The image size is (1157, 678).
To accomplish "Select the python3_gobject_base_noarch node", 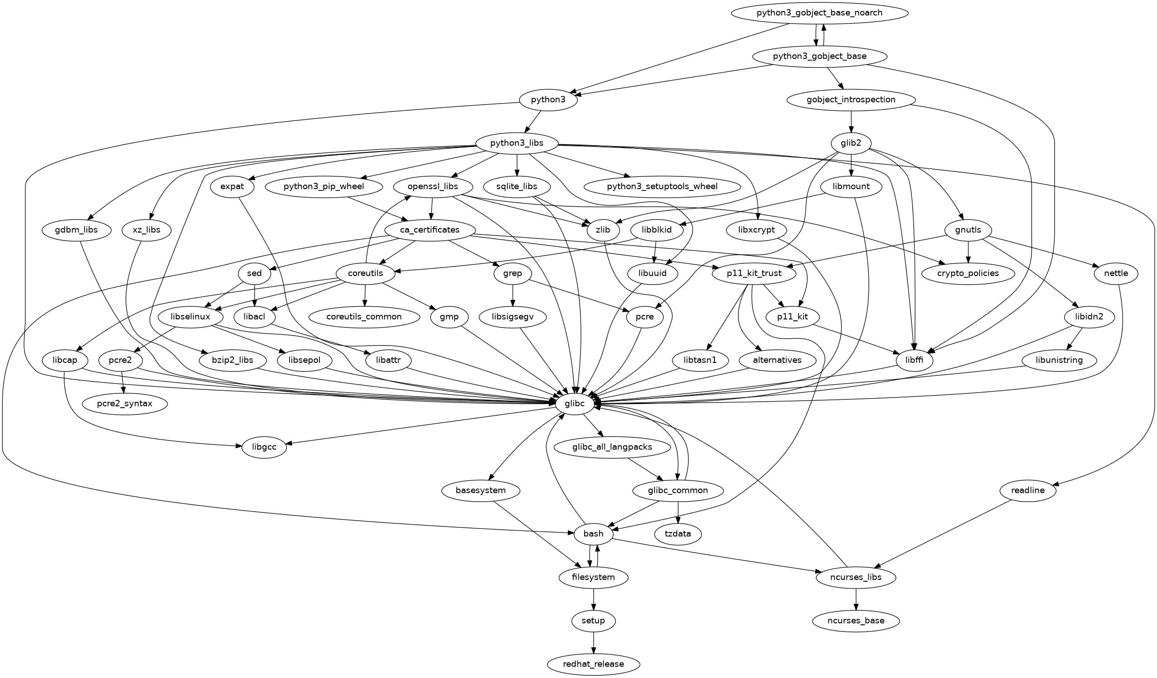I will (x=819, y=13).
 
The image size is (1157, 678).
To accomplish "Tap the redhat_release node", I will (x=593, y=664).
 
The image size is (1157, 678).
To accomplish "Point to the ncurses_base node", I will (x=855, y=621).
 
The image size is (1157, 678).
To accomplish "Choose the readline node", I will (x=1028, y=490).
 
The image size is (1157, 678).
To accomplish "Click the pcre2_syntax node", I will (x=124, y=404).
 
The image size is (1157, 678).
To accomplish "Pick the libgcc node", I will (x=264, y=447).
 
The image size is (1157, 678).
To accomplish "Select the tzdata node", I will (x=678, y=533).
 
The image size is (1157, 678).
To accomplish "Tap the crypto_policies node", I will (x=968, y=273).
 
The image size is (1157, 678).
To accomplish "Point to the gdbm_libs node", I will (x=76, y=229).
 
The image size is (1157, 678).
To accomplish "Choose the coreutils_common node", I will (x=364, y=317).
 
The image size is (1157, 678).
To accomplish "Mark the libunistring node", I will (x=1059, y=360).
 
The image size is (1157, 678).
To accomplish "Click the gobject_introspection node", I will (x=851, y=100).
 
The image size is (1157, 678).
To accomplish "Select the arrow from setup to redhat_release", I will (x=594, y=642).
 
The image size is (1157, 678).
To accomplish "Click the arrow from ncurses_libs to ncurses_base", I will (x=855, y=599).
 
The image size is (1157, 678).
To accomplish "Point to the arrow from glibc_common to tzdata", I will (x=678, y=512).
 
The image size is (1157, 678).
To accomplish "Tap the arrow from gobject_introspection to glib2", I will (x=851, y=122).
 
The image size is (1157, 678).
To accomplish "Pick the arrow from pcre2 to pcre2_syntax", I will (x=123, y=382).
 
